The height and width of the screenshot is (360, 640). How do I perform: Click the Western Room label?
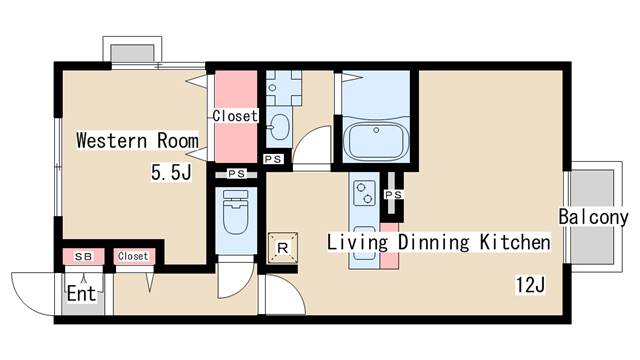click(137, 140)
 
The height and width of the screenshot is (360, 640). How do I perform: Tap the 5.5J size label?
click(171, 171)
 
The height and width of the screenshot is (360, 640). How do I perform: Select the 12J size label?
click(530, 284)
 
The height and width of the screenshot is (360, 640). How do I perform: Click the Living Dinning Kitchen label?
click(438, 242)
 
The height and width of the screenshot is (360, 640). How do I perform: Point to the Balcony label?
click(593, 217)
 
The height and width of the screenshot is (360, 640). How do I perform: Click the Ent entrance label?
click(81, 293)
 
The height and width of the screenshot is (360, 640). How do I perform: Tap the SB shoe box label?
click(83, 257)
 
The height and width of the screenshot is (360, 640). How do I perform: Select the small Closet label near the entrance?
click(133, 256)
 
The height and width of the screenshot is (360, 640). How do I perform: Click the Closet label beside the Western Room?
click(235, 116)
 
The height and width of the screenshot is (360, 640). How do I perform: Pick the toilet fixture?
click(236, 212)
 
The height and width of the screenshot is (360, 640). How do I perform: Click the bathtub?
click(376, 141)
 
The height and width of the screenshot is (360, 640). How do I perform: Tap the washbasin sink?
click(279, 127)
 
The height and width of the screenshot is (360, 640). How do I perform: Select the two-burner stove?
click(364, 193)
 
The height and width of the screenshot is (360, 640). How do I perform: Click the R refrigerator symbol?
click(282, 247)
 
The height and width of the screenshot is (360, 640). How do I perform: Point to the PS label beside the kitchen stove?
click(393, 195)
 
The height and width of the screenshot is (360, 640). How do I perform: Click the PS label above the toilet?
click(236, 174)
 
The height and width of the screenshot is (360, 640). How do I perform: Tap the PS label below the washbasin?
click(273, 159)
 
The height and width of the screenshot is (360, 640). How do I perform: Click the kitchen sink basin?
click(364, 243)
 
